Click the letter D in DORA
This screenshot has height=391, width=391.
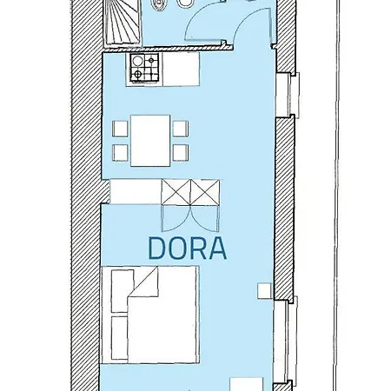tap(157, 249)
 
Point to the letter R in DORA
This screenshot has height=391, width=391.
tap(199, 249)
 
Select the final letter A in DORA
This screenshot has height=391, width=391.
tap(218, 249)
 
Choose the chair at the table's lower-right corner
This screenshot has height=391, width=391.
tap(181, 154)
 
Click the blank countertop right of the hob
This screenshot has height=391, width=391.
tap(176, 69)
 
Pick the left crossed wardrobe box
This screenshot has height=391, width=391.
tap(176, 191)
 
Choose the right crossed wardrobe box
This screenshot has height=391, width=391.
tap(205, 191)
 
